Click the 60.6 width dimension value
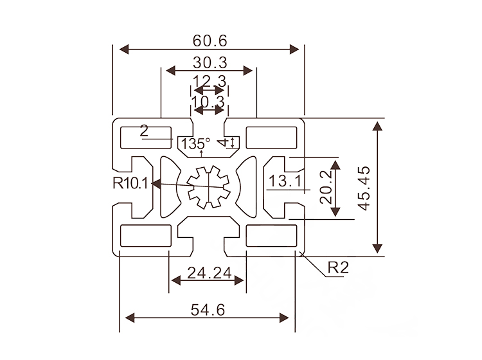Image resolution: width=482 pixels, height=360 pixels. click(210, 40)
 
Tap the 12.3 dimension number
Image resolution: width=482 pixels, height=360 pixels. click(210, 81)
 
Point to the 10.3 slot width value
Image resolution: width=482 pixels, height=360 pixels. click(208, 101)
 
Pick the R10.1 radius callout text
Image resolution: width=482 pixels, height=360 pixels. click(130, 184)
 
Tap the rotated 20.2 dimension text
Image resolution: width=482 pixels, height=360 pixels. click(328, 187)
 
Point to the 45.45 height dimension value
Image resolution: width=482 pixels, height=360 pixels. click(364, 187)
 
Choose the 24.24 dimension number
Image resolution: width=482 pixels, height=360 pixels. click(209, 273)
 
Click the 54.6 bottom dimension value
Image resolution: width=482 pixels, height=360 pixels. click(208, 310)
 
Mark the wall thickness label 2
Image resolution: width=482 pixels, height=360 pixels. click(143, 131)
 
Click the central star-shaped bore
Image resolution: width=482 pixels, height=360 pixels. click(208, 187)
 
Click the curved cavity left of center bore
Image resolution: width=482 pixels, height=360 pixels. click(169, 187)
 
